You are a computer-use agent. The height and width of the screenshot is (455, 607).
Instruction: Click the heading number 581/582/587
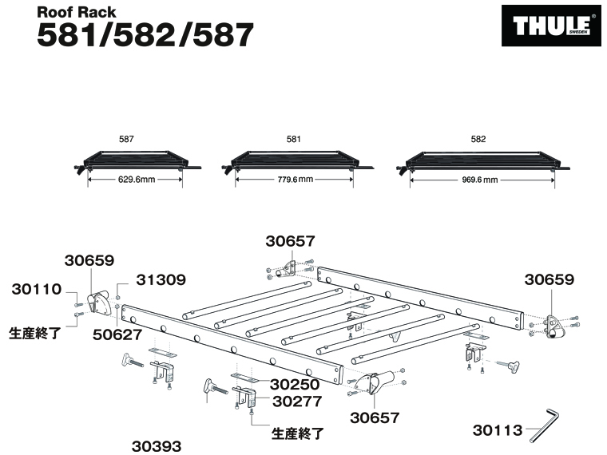(145, 34)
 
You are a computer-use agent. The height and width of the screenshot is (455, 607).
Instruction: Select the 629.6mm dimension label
(136, 180)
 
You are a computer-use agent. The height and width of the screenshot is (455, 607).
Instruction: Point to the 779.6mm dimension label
(293, 180)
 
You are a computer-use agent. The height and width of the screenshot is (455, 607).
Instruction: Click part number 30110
(36, 291)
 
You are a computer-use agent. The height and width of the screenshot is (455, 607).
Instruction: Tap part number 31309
(161, 280)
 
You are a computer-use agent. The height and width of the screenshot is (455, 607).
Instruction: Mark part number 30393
(157, 446)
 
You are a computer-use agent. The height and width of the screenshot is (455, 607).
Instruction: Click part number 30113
(496, 431)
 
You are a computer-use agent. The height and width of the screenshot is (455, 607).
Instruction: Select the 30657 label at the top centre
(291, 239)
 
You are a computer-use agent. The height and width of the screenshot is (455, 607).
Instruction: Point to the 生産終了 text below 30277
(300, 433)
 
